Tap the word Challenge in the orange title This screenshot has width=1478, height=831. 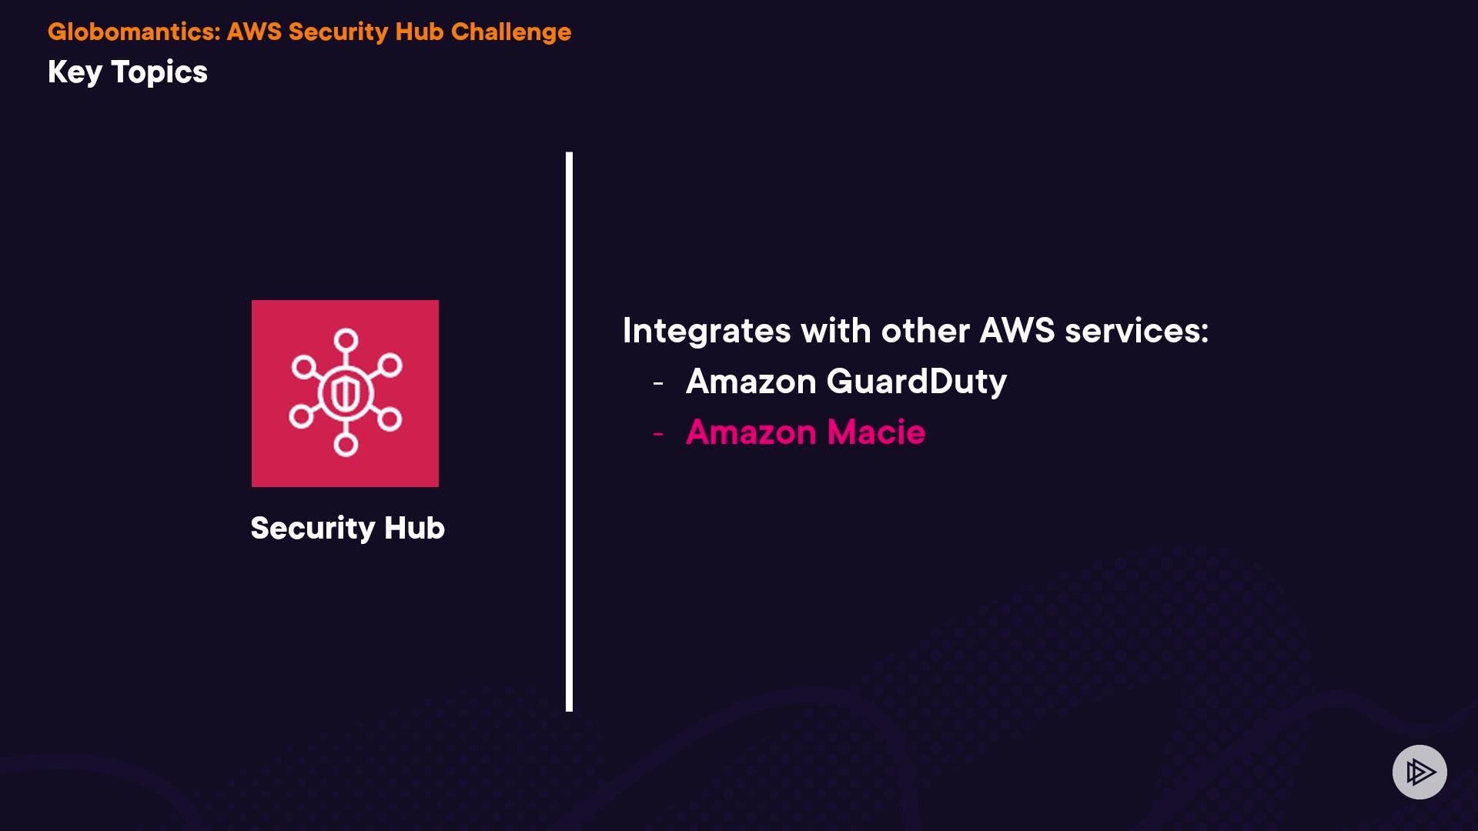(x=511, y=32)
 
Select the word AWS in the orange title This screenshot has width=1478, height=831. (x=254, y=32)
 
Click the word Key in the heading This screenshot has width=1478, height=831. (x=75, y=72)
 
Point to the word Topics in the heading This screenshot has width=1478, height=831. (x=159, y=72)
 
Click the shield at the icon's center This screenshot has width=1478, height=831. (x=346, y=393)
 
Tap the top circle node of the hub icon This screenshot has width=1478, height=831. (x=346, y=339)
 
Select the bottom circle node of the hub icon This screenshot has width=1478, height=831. (x=346, y=444)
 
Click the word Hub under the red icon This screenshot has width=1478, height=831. (x=414, y=528)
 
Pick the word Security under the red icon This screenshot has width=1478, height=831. (x=313, y=528)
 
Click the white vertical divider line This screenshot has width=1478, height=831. (x=569, y=431)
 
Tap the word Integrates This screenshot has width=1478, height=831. (x=706, y=331)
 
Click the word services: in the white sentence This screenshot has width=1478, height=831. (x=1136, y=331)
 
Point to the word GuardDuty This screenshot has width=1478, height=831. (x=916, y=382)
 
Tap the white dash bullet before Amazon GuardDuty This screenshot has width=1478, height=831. (x=658, y=383)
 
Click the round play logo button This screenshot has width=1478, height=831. (x=1419, y=772)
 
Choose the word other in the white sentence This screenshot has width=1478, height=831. (x=925, y=331)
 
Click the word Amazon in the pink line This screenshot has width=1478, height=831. (x=751, y=432)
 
